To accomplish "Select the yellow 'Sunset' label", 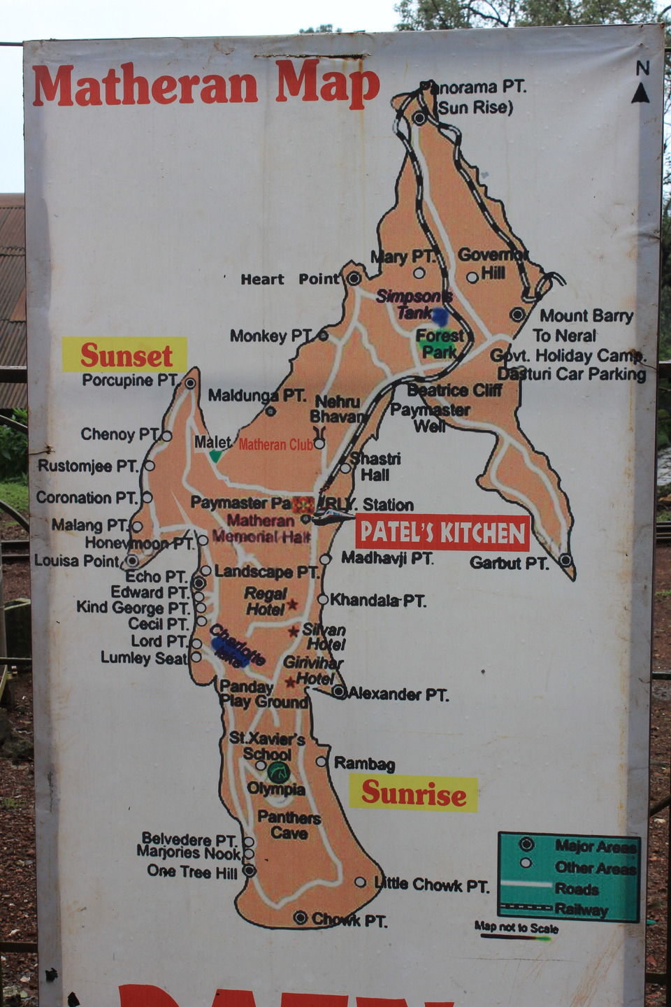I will click(125, 355).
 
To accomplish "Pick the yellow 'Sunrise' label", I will click(413, 794).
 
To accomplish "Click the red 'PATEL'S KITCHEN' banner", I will click(442, 533).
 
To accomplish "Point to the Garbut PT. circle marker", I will click(565, 560).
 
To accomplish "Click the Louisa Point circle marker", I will click(131, 560).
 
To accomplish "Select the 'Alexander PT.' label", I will click(398, 694).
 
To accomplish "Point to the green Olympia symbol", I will click(279, 772).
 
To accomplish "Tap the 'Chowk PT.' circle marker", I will click(301, 917).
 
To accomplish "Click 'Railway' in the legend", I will click(581, 910).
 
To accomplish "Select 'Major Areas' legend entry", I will click(594, 846).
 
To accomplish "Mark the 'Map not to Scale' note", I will click(517, 927).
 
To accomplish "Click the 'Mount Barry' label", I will click(586, 316).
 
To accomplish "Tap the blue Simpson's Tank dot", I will click(440, 317).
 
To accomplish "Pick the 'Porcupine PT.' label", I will click(130, 380).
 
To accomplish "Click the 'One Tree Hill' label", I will click(192, 871).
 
